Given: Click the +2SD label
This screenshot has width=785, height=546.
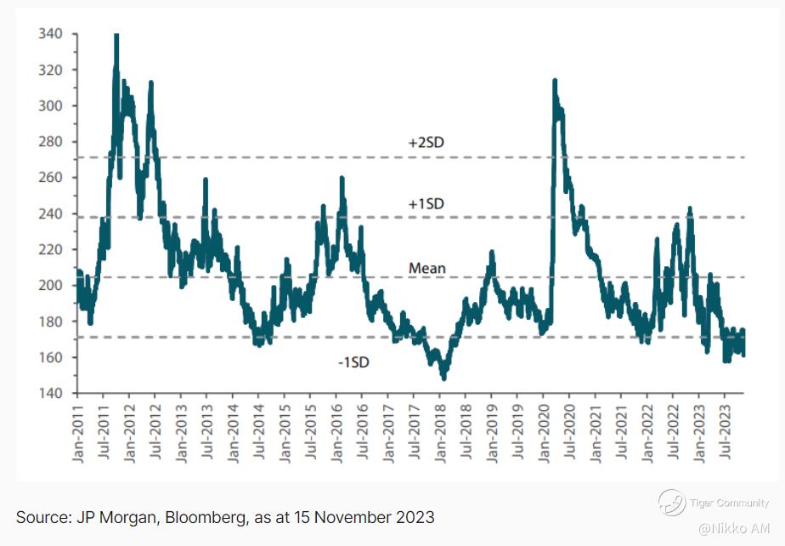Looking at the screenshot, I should coord(426,142).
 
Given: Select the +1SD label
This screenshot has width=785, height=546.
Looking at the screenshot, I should coord(426,204).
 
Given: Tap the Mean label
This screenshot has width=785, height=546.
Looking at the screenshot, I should coord(427,269).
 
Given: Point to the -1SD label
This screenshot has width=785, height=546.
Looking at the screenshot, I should coord(353,362).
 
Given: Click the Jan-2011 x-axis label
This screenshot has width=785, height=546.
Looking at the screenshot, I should coord(77,430).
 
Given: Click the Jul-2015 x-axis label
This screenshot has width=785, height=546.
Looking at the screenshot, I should coord(310,430).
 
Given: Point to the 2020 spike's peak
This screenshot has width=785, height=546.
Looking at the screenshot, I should coord(555,81).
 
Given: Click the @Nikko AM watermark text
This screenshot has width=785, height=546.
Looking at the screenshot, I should coord(734,529).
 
